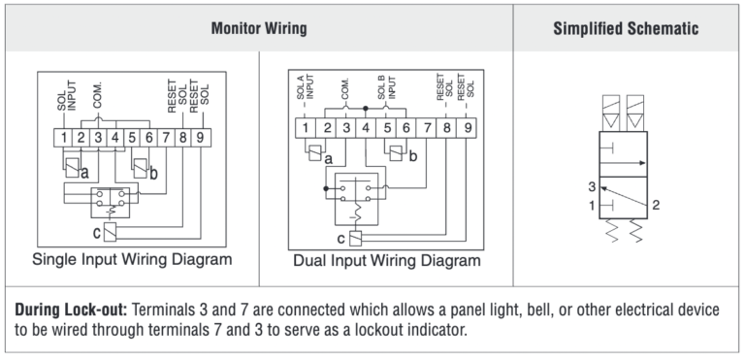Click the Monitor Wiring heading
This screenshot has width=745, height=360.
coord(259,28)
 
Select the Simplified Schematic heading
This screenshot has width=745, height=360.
coord(626,28)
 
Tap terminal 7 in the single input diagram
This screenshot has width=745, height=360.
coord(166,138)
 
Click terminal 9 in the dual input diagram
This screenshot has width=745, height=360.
coord(467,128)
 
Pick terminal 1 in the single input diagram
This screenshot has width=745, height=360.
coord(63,138)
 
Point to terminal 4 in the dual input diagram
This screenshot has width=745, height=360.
coord(366,128)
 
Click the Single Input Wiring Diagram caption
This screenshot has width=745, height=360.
coord(132,260)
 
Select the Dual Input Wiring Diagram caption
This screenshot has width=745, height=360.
coord(387,261)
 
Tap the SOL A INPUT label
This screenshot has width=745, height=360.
coord(306,86)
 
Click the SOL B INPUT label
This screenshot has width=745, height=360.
coord(386,86)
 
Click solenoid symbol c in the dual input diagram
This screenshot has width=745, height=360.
coord(355,239)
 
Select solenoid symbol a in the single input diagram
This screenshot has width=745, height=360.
coord(72,168)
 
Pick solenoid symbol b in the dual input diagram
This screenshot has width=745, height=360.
coord(396,153)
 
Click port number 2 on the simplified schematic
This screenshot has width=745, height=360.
coord(656,206)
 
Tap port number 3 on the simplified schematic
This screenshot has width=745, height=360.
coord(592,187)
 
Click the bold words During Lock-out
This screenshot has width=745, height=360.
coord(71,311)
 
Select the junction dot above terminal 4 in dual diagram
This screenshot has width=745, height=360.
coord(366,109)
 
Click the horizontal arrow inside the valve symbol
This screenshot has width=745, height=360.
coord(623,163)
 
